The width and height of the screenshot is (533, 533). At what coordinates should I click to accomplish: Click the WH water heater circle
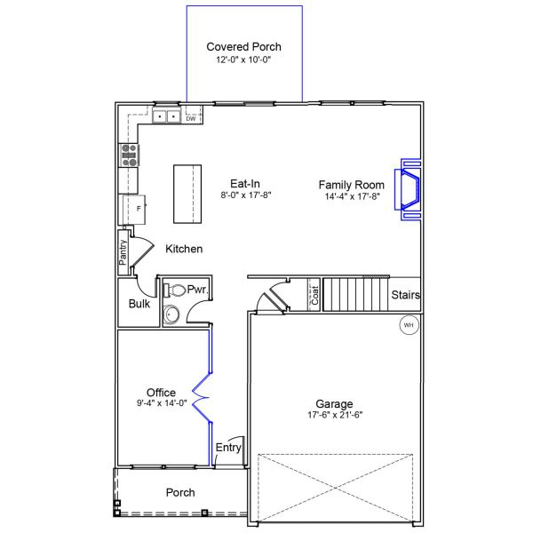click(409, 325)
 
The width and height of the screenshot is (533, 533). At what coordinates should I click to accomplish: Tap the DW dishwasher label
click(191, 119)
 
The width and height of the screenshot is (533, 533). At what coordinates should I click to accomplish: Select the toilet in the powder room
click(174, 290)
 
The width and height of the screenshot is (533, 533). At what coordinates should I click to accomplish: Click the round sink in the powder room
click(171, 314)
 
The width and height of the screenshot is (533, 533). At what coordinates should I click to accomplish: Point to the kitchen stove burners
click(129, 155)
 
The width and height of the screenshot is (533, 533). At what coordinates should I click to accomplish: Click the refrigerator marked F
click(134, 210)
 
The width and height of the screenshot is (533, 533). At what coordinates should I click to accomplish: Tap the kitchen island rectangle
click(187, 194)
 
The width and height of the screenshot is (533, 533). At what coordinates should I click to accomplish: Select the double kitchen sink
click(167, 116)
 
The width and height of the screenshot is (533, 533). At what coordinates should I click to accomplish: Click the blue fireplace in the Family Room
click(408, 190)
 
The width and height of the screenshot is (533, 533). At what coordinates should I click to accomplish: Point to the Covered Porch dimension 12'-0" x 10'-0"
click(243, 60)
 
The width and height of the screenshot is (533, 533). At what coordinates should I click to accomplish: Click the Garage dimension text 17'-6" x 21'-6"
click(335, 415)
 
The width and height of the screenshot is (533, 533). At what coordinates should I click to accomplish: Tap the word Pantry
click(123, 252)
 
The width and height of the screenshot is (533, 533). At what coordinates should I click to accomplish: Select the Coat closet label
click(314, 295)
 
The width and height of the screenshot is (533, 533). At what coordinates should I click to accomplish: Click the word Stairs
click(406, 295)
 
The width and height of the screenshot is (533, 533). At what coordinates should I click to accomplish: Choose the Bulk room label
click(139, 304)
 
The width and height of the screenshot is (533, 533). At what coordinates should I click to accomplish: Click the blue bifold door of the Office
click(203, 397)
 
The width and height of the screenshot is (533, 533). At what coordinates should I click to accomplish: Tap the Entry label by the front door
click(228, 448)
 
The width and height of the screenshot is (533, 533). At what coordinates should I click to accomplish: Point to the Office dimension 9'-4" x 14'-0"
click(162, 403)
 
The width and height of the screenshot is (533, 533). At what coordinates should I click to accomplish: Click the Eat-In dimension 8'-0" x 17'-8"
click(246, 195)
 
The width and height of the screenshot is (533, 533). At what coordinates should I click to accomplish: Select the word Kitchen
click(184, 249)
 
